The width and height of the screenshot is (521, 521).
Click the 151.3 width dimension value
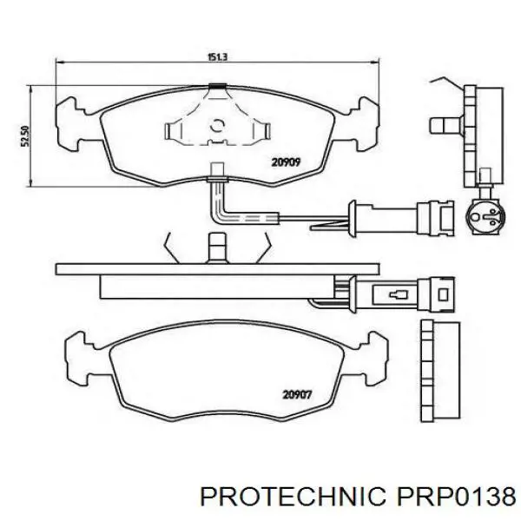[x=217, y=57]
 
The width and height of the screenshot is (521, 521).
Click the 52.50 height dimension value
[x=25, y=136]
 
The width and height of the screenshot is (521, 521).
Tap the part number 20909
[x=286, y=162]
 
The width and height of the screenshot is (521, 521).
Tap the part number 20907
[x=297, y=395]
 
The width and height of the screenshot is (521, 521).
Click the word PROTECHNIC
[x=293, y=497]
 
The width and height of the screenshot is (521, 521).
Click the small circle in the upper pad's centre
[x=218, y=125]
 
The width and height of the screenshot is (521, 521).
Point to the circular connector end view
[x=485, y=216]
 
